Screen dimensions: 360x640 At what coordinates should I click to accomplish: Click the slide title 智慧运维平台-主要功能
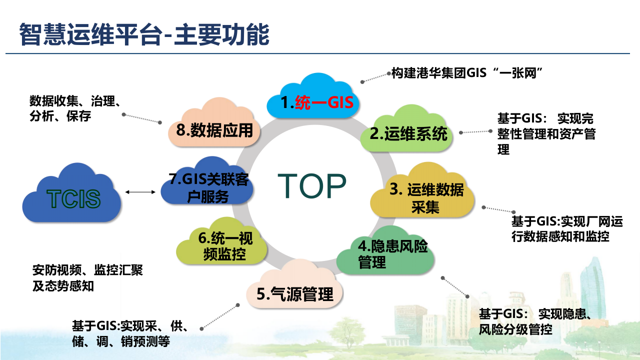coord(144,34)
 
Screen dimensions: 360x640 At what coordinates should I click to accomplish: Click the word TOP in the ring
coord(312,186)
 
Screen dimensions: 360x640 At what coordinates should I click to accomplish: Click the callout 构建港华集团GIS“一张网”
coord(467,73)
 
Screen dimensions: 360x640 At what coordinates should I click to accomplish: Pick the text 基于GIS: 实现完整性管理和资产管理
coord(546,134)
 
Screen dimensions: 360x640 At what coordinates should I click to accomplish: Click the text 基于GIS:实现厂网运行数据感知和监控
coord(566,228)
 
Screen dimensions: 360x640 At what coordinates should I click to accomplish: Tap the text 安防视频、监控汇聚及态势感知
coord(87,278)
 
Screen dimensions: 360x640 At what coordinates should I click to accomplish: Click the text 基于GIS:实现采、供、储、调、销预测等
coord(130,333)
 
